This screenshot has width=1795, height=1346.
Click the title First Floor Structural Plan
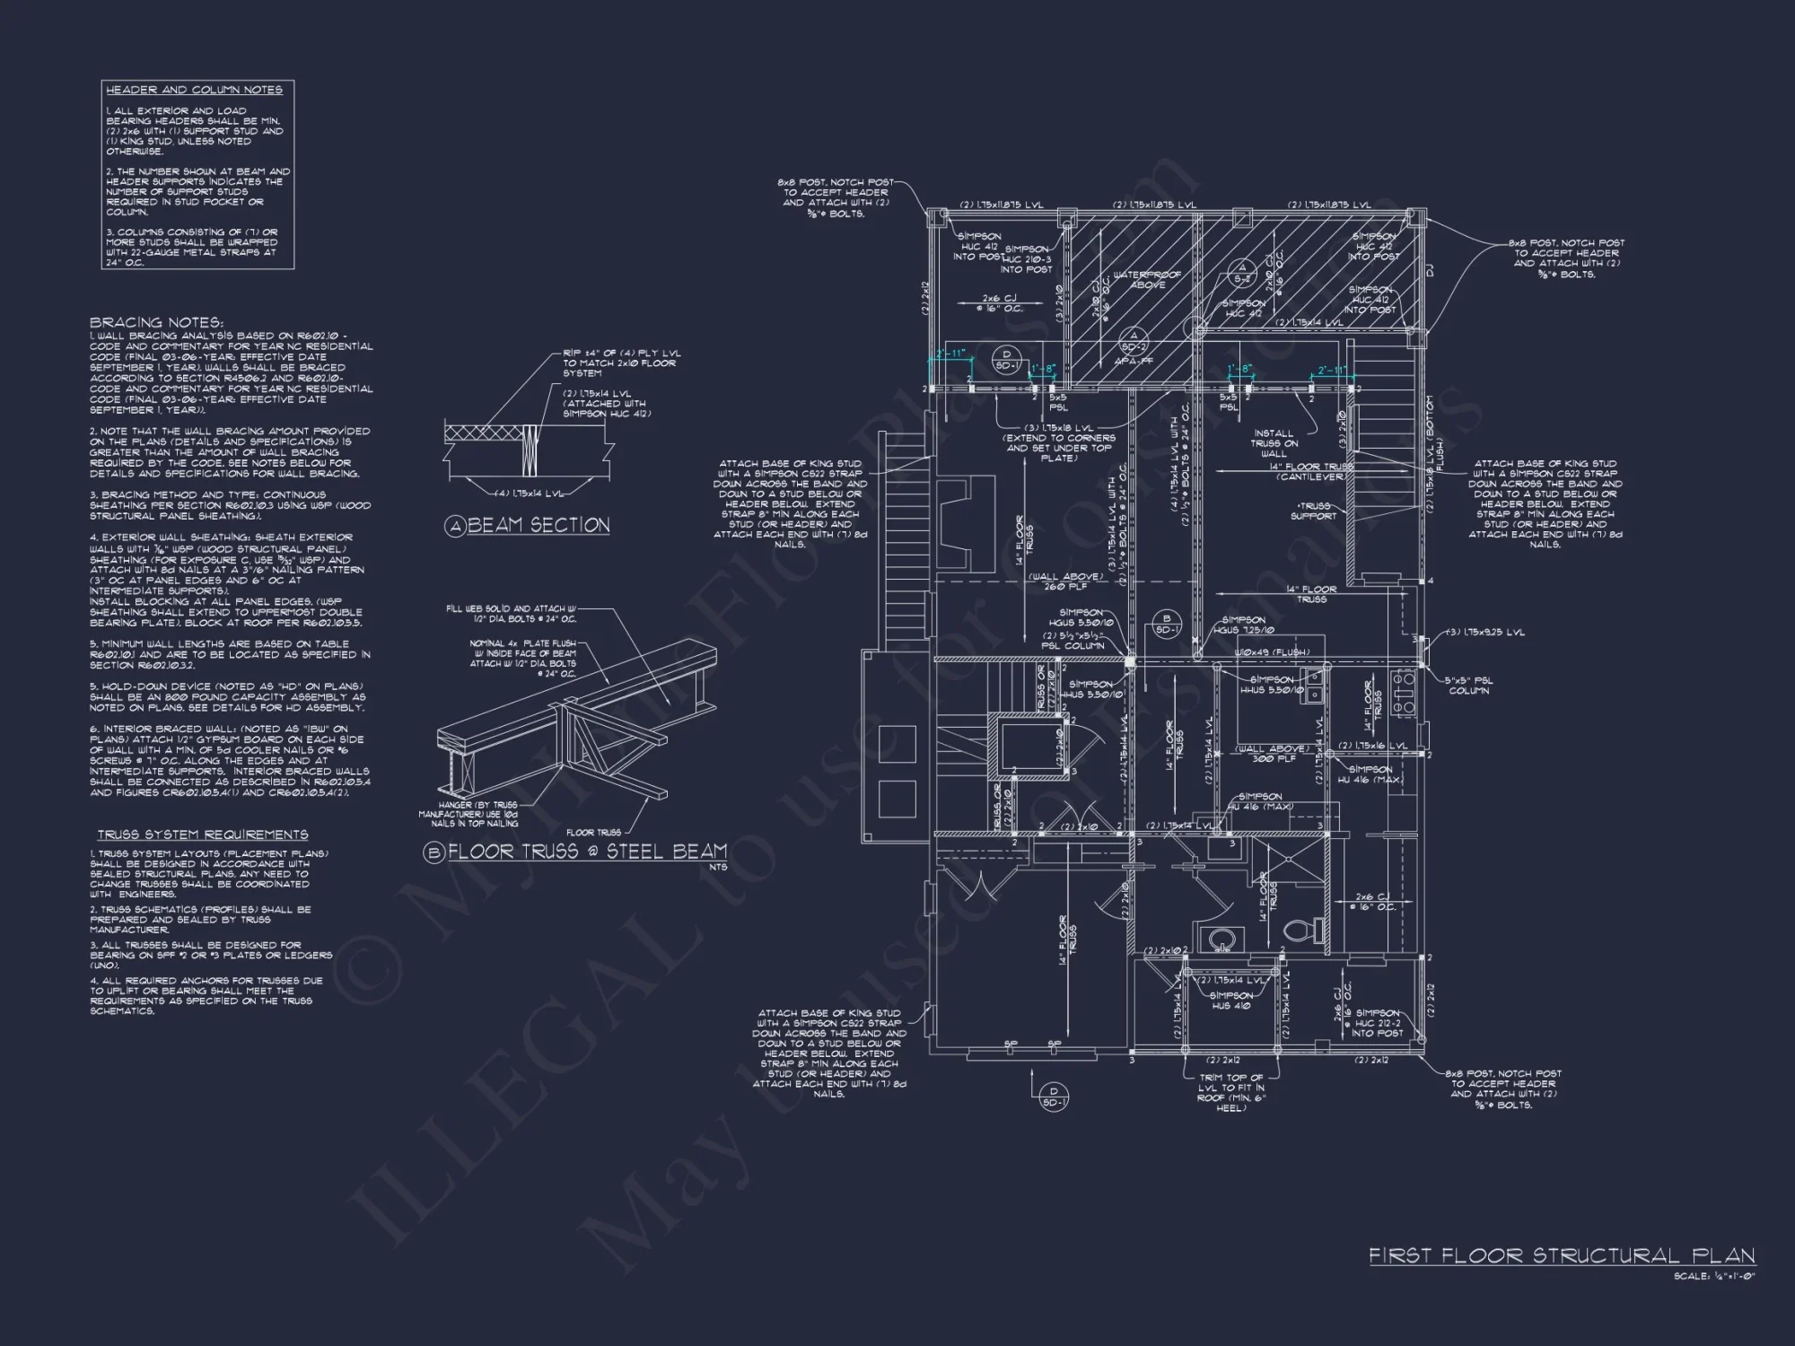click(1561, 1255)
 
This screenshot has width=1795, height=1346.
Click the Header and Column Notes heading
click(194, 90)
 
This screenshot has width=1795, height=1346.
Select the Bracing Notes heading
click(156, 322)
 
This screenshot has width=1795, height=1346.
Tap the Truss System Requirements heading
click(203, 835)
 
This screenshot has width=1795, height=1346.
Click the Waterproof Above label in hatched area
click(1146, 280)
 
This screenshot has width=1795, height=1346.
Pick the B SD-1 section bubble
click(1167, 624)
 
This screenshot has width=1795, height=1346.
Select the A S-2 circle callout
click(1242, 272)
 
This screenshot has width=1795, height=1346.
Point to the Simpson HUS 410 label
click(1230, 1001)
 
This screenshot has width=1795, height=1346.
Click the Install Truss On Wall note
click(1274, 443)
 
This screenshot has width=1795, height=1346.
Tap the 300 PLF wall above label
click(1272, 754)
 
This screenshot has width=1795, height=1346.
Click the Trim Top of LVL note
click(1230, 1092)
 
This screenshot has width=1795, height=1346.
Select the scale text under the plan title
click(1713, 1276)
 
